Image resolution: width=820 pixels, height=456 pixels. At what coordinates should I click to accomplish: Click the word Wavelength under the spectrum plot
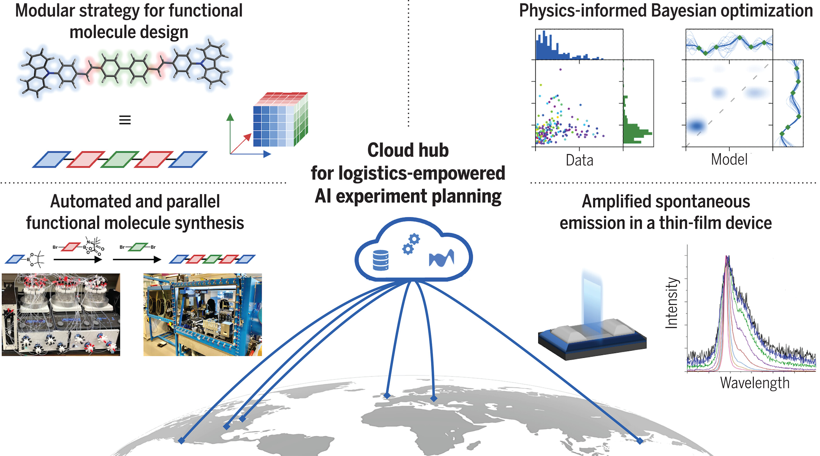(x=755, y=383)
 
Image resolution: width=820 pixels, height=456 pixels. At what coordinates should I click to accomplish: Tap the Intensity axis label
(x=672, y=303)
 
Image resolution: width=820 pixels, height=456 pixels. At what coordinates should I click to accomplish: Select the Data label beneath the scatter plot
(x=579, y=160)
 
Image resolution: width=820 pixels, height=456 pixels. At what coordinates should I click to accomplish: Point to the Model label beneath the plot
(x=729, y=159)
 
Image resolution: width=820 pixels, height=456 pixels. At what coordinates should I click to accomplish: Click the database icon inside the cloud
(x=381, y=260)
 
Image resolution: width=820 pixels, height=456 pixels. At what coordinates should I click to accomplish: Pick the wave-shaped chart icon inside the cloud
(x=442, y=258)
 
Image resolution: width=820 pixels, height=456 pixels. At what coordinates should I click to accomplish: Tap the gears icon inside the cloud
(x=411, y=244)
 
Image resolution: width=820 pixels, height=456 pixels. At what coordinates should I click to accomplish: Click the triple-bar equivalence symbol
(x=125, y=120)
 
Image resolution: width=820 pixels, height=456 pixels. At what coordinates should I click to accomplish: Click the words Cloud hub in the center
(x=408, y=150)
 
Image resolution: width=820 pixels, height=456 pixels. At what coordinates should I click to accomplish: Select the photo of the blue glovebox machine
(x=202, y=315)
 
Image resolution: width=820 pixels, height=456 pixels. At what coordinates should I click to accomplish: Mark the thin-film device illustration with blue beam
(x=592, y=331)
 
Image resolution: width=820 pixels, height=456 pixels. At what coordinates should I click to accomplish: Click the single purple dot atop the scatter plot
(x=561, y=69)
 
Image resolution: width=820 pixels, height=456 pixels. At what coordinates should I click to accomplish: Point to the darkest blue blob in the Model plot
(x=696, y=126)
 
